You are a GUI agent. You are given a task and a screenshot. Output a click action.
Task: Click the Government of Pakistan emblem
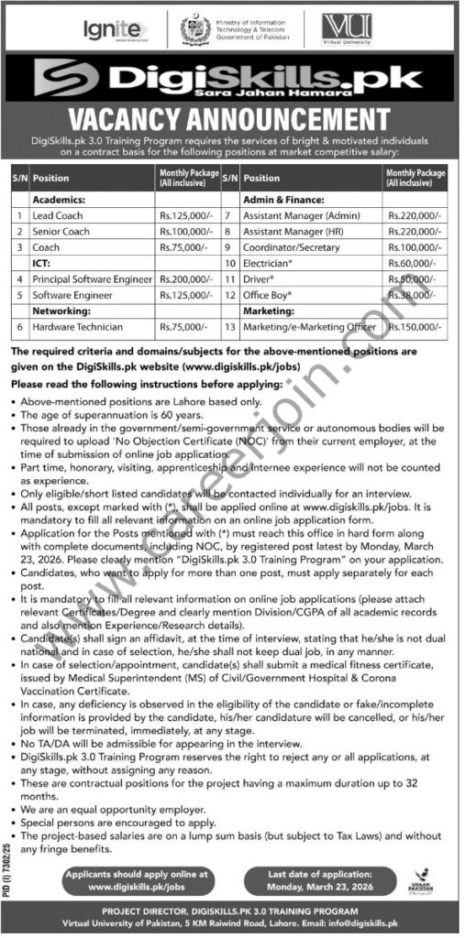194,30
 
